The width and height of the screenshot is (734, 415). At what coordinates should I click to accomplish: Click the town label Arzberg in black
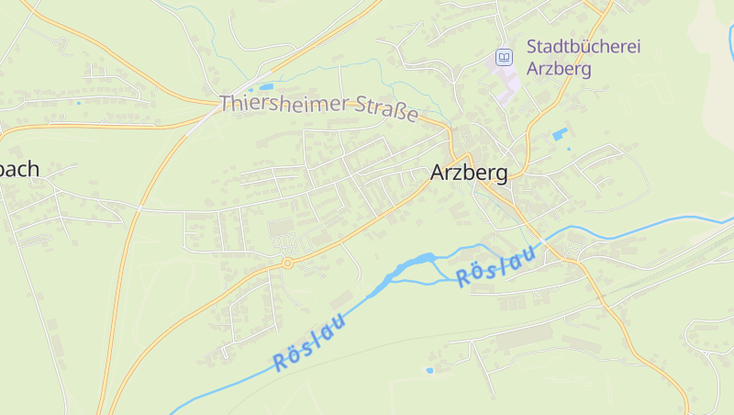tap(468, 173)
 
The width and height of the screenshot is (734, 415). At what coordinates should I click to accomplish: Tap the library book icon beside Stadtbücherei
tap(503, 58)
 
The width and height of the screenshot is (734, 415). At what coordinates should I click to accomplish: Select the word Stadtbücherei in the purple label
tap(583, 46)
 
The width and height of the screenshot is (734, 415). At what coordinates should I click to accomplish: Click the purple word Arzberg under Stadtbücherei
tap(559, 68)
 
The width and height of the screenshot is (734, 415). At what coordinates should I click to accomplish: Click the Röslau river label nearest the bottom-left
tap(309, 342)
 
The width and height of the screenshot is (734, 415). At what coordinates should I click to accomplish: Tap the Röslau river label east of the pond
tap(495, 267)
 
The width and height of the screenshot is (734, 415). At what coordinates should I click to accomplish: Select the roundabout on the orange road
tap(287, 263)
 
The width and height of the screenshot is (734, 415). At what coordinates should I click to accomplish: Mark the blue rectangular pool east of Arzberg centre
tap(560, 135)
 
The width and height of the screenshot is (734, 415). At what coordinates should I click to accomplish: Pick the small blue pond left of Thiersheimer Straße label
tap(267, 87)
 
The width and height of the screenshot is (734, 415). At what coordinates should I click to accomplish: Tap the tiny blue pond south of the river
tap(428, 370)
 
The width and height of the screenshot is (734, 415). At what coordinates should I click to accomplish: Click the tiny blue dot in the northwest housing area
tap(78, 103)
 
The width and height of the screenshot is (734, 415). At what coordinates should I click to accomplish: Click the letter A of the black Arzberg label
tap(438, 173)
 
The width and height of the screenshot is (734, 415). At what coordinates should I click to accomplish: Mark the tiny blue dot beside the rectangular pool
tap(569, 149)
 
